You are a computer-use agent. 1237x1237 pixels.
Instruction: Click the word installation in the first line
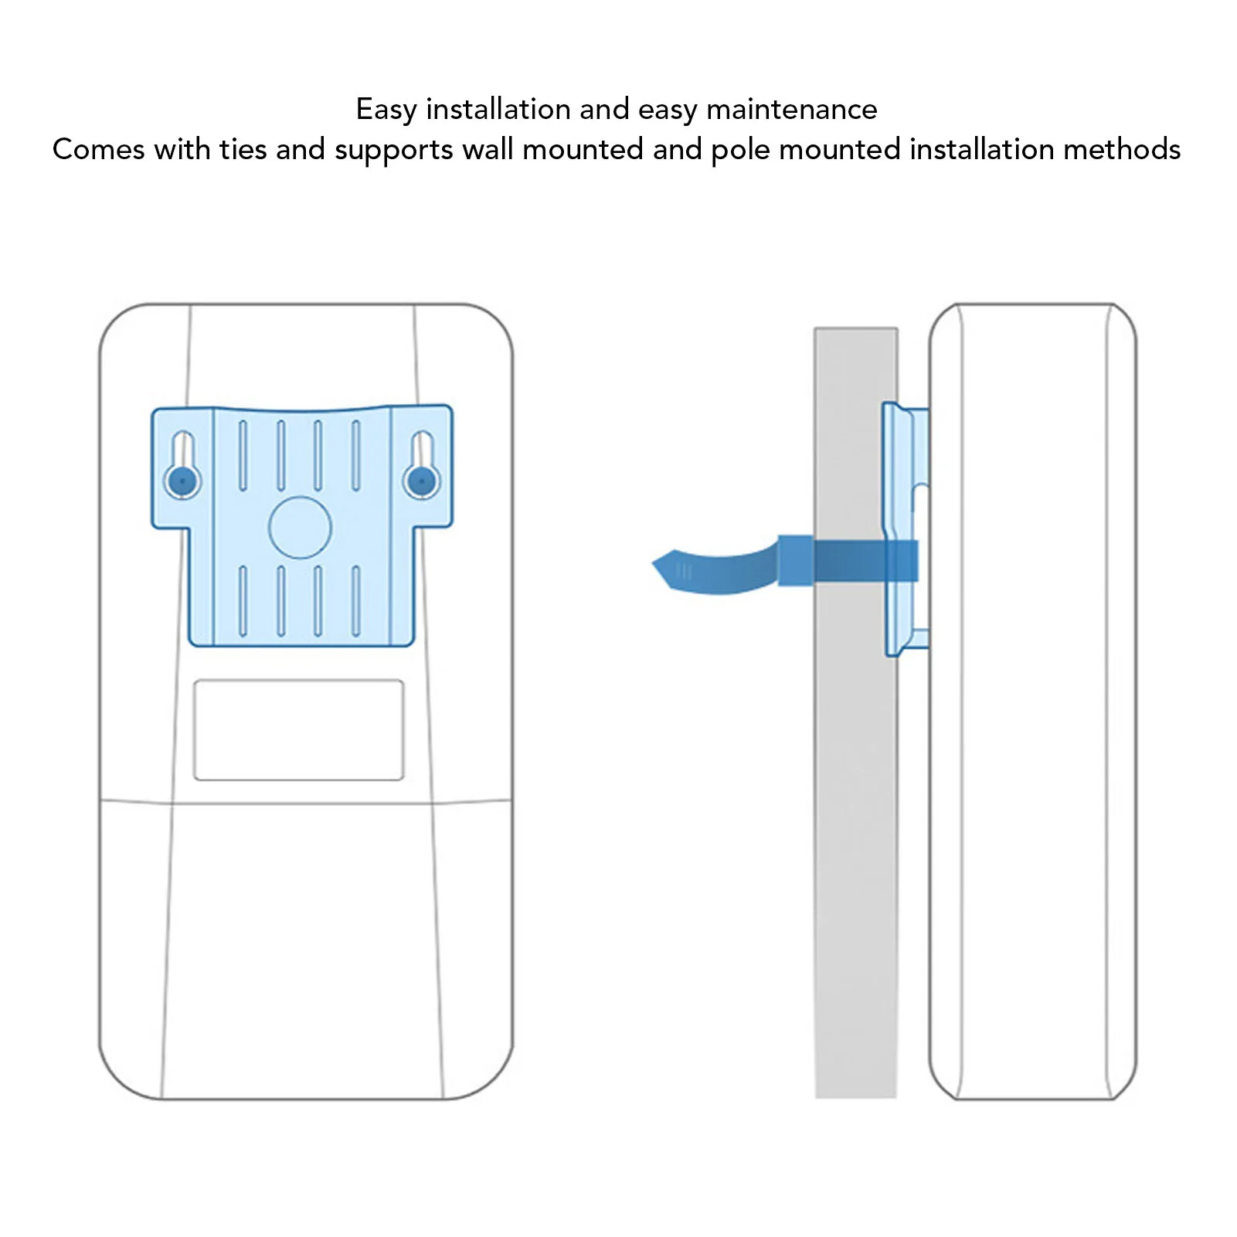click(x=498, y=110)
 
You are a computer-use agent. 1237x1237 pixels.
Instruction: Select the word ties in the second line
click(x=243, y=150)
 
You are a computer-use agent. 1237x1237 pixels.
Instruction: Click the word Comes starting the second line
click(x=98, y=150)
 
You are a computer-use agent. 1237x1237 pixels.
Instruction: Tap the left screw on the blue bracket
click(x=182, y=481)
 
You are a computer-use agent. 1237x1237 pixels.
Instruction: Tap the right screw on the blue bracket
click(x=421, y=481)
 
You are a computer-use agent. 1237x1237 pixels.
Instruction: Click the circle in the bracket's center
click(x=300, y=528)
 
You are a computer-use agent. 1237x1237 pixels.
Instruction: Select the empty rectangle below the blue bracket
click(x=298, y=730)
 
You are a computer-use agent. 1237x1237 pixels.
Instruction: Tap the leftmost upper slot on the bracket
click(x=243, y=456)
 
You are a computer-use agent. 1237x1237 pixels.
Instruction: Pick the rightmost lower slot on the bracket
click(x=356, y=602)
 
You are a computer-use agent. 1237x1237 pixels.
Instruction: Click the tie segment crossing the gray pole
click(x=850, y=561)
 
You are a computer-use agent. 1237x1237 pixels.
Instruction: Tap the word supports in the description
click(x=393, y=150)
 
